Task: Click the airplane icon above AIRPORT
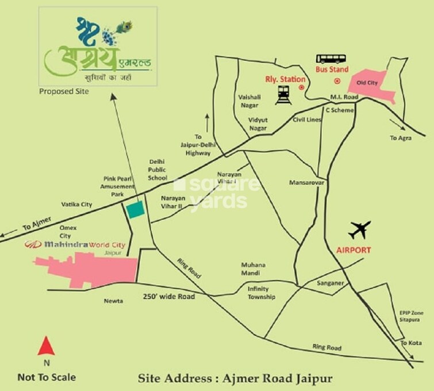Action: tap(360, 230)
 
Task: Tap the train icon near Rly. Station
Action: tap(283, 94)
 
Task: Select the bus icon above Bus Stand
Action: tap(332, 58)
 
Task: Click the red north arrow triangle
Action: tap(46, 346)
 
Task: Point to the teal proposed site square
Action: tap(136, 210)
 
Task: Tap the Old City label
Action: tap(367, 83)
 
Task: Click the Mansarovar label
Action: tap(307, 182)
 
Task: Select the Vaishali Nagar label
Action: tap(250, 101)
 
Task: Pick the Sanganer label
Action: tap(329, 283)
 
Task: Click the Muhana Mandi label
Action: tap(254, 269)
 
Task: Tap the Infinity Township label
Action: tap(262, 293)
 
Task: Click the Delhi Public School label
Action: tap(158, 170)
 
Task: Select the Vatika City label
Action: tap(77, 204)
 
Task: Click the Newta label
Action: tap(113, 300)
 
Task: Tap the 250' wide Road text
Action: tap(169, 297)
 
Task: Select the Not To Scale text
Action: tap(47, 377)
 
